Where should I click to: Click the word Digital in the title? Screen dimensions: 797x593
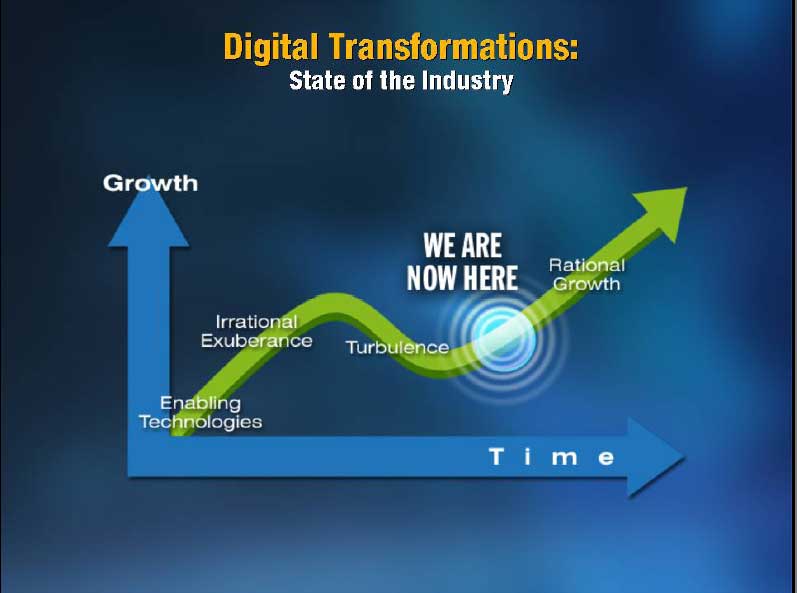271,47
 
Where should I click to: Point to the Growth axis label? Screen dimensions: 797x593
150,183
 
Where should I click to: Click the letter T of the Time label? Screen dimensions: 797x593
496,457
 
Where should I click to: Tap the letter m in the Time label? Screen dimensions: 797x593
565,459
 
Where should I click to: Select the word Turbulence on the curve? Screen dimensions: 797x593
397,348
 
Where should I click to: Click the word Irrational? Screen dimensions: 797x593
256,322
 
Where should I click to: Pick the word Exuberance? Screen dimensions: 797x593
257,341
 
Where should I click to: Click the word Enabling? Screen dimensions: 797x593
200,403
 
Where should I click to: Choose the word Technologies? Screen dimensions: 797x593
201,422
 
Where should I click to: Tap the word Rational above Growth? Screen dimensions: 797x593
587,265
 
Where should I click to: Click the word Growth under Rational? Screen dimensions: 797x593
587,284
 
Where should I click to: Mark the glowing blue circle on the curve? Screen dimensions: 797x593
503,337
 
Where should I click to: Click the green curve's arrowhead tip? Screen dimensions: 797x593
687,188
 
